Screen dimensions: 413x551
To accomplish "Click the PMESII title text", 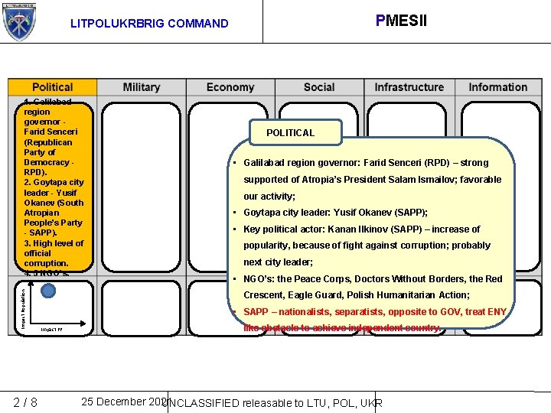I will (x=401, y=20).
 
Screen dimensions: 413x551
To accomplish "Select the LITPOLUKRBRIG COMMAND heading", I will (x=149, y=24).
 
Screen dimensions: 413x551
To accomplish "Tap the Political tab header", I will (x=52, y=87).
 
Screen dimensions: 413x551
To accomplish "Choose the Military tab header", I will (x=142, y=87).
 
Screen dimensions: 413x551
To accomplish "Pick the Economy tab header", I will (x=230, y=87).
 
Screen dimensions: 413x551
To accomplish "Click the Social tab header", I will (x=319, y=87).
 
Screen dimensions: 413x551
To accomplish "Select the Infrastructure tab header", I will (x=409, y=87).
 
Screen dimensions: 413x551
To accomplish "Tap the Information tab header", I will (x=498, y=87).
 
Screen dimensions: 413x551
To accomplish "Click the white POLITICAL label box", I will (x=290, y=133).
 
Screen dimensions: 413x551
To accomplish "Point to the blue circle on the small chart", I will (x=50, y=291).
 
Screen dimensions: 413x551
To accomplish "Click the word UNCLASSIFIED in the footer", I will (x=202, y=403).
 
